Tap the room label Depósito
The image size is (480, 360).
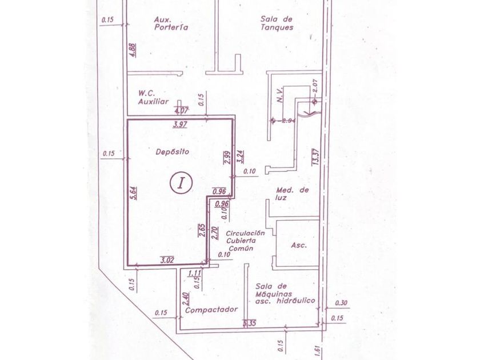click(x=172, y=152)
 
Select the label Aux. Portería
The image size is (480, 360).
click(x=171, y=22)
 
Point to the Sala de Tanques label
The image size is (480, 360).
click(x=277, y=22)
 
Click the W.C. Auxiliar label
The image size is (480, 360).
click(x=154, y=97)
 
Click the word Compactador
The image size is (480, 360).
click(x=211, y=309)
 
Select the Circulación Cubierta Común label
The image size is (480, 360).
click(x=245, y=241)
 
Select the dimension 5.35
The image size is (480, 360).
click(x=249, y=325)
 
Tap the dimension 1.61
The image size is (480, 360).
click(x=315, y=349)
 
